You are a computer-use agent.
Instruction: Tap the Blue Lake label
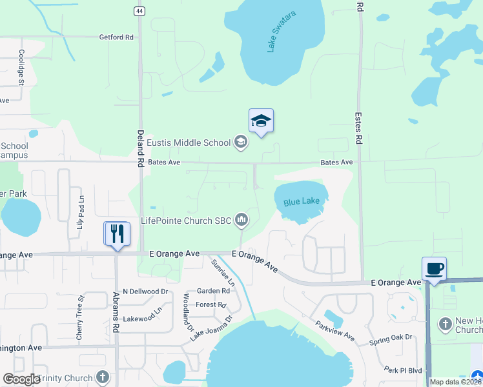pos(301,202)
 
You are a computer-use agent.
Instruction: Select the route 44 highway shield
pos(139,11)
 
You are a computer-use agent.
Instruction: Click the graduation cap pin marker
pos(261,121)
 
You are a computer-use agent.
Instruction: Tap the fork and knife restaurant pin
pos(117,233)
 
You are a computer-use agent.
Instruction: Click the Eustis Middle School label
pos(189,143)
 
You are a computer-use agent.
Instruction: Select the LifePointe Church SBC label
pos(186,221)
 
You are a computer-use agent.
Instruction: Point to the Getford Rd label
pos(116,37)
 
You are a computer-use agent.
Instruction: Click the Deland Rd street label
pos(139,148)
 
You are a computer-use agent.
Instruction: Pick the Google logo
pos(21,379)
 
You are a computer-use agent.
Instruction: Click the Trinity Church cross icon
pos(102,376)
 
